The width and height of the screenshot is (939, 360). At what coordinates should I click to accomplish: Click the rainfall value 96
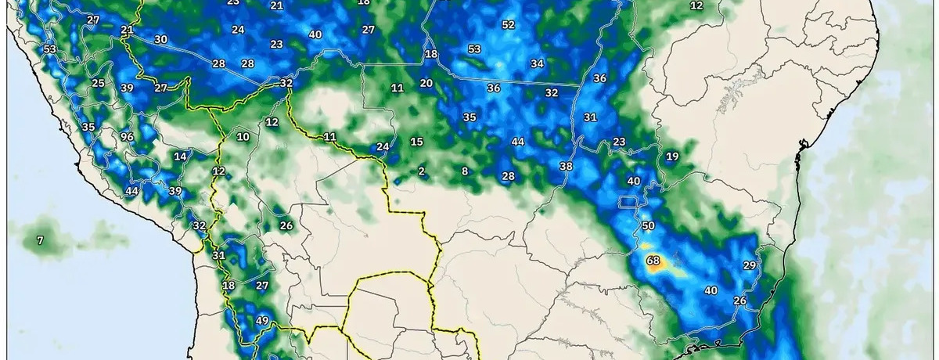tap(127, 137)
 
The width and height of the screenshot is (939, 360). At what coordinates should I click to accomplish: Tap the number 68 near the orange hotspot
tap(653, 260)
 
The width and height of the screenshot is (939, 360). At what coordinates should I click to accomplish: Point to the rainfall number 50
tap(648, 225)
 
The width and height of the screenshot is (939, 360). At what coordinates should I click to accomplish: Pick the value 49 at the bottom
tap(262, 320)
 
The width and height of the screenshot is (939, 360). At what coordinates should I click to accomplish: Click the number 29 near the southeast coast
tap(749, 265)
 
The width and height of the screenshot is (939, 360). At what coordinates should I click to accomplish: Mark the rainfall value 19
tap(672, 157)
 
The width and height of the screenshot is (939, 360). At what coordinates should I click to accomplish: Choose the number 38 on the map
tap(567, 166)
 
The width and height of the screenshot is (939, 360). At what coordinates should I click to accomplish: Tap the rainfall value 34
tap(537, 63)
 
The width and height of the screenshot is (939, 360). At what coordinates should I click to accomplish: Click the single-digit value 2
tap(421, 171)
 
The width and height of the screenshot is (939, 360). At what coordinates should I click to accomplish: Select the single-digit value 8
tap(465, 171)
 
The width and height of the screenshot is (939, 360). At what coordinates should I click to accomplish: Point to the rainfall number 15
tap(416, 142)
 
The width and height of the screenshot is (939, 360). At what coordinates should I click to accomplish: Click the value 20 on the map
tap(426, 83)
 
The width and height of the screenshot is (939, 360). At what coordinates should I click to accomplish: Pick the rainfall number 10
tap(243, 137)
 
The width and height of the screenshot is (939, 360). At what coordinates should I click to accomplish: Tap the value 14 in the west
tap(180, 157)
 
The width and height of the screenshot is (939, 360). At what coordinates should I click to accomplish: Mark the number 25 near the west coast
tap(98, 83)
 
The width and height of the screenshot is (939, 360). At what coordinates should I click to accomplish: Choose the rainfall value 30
tap(160, 39)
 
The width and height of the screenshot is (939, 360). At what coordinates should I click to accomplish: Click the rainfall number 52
tap(509, 24)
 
